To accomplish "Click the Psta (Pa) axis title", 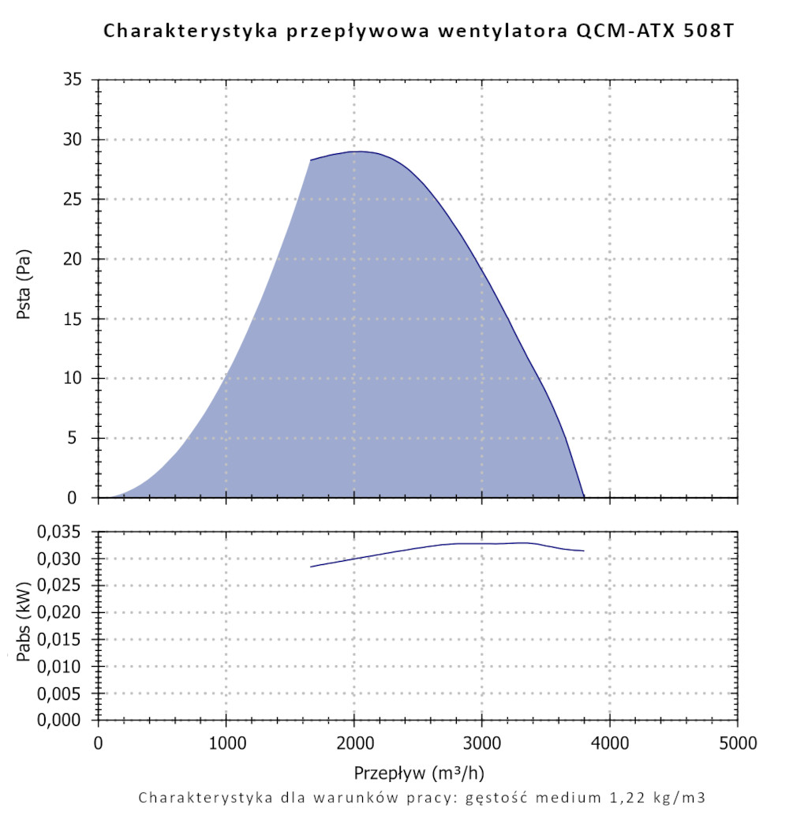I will (x=24, y=289).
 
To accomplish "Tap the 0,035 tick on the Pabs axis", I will (x=60, y=532).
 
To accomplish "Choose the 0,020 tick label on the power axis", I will (x=60, y=613).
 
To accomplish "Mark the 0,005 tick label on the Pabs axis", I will (x=60, y=694).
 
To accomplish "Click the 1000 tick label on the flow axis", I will (x=226, y=743).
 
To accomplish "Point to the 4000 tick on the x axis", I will (x=610, y=743).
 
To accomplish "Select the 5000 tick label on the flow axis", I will (x=738, y=743).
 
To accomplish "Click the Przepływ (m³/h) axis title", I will (x=418, y=771).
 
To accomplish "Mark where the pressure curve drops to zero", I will (x=584, y=497).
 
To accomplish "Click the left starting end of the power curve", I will (x=311, y=567).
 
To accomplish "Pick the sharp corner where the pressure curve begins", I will (x=311, y=160).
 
